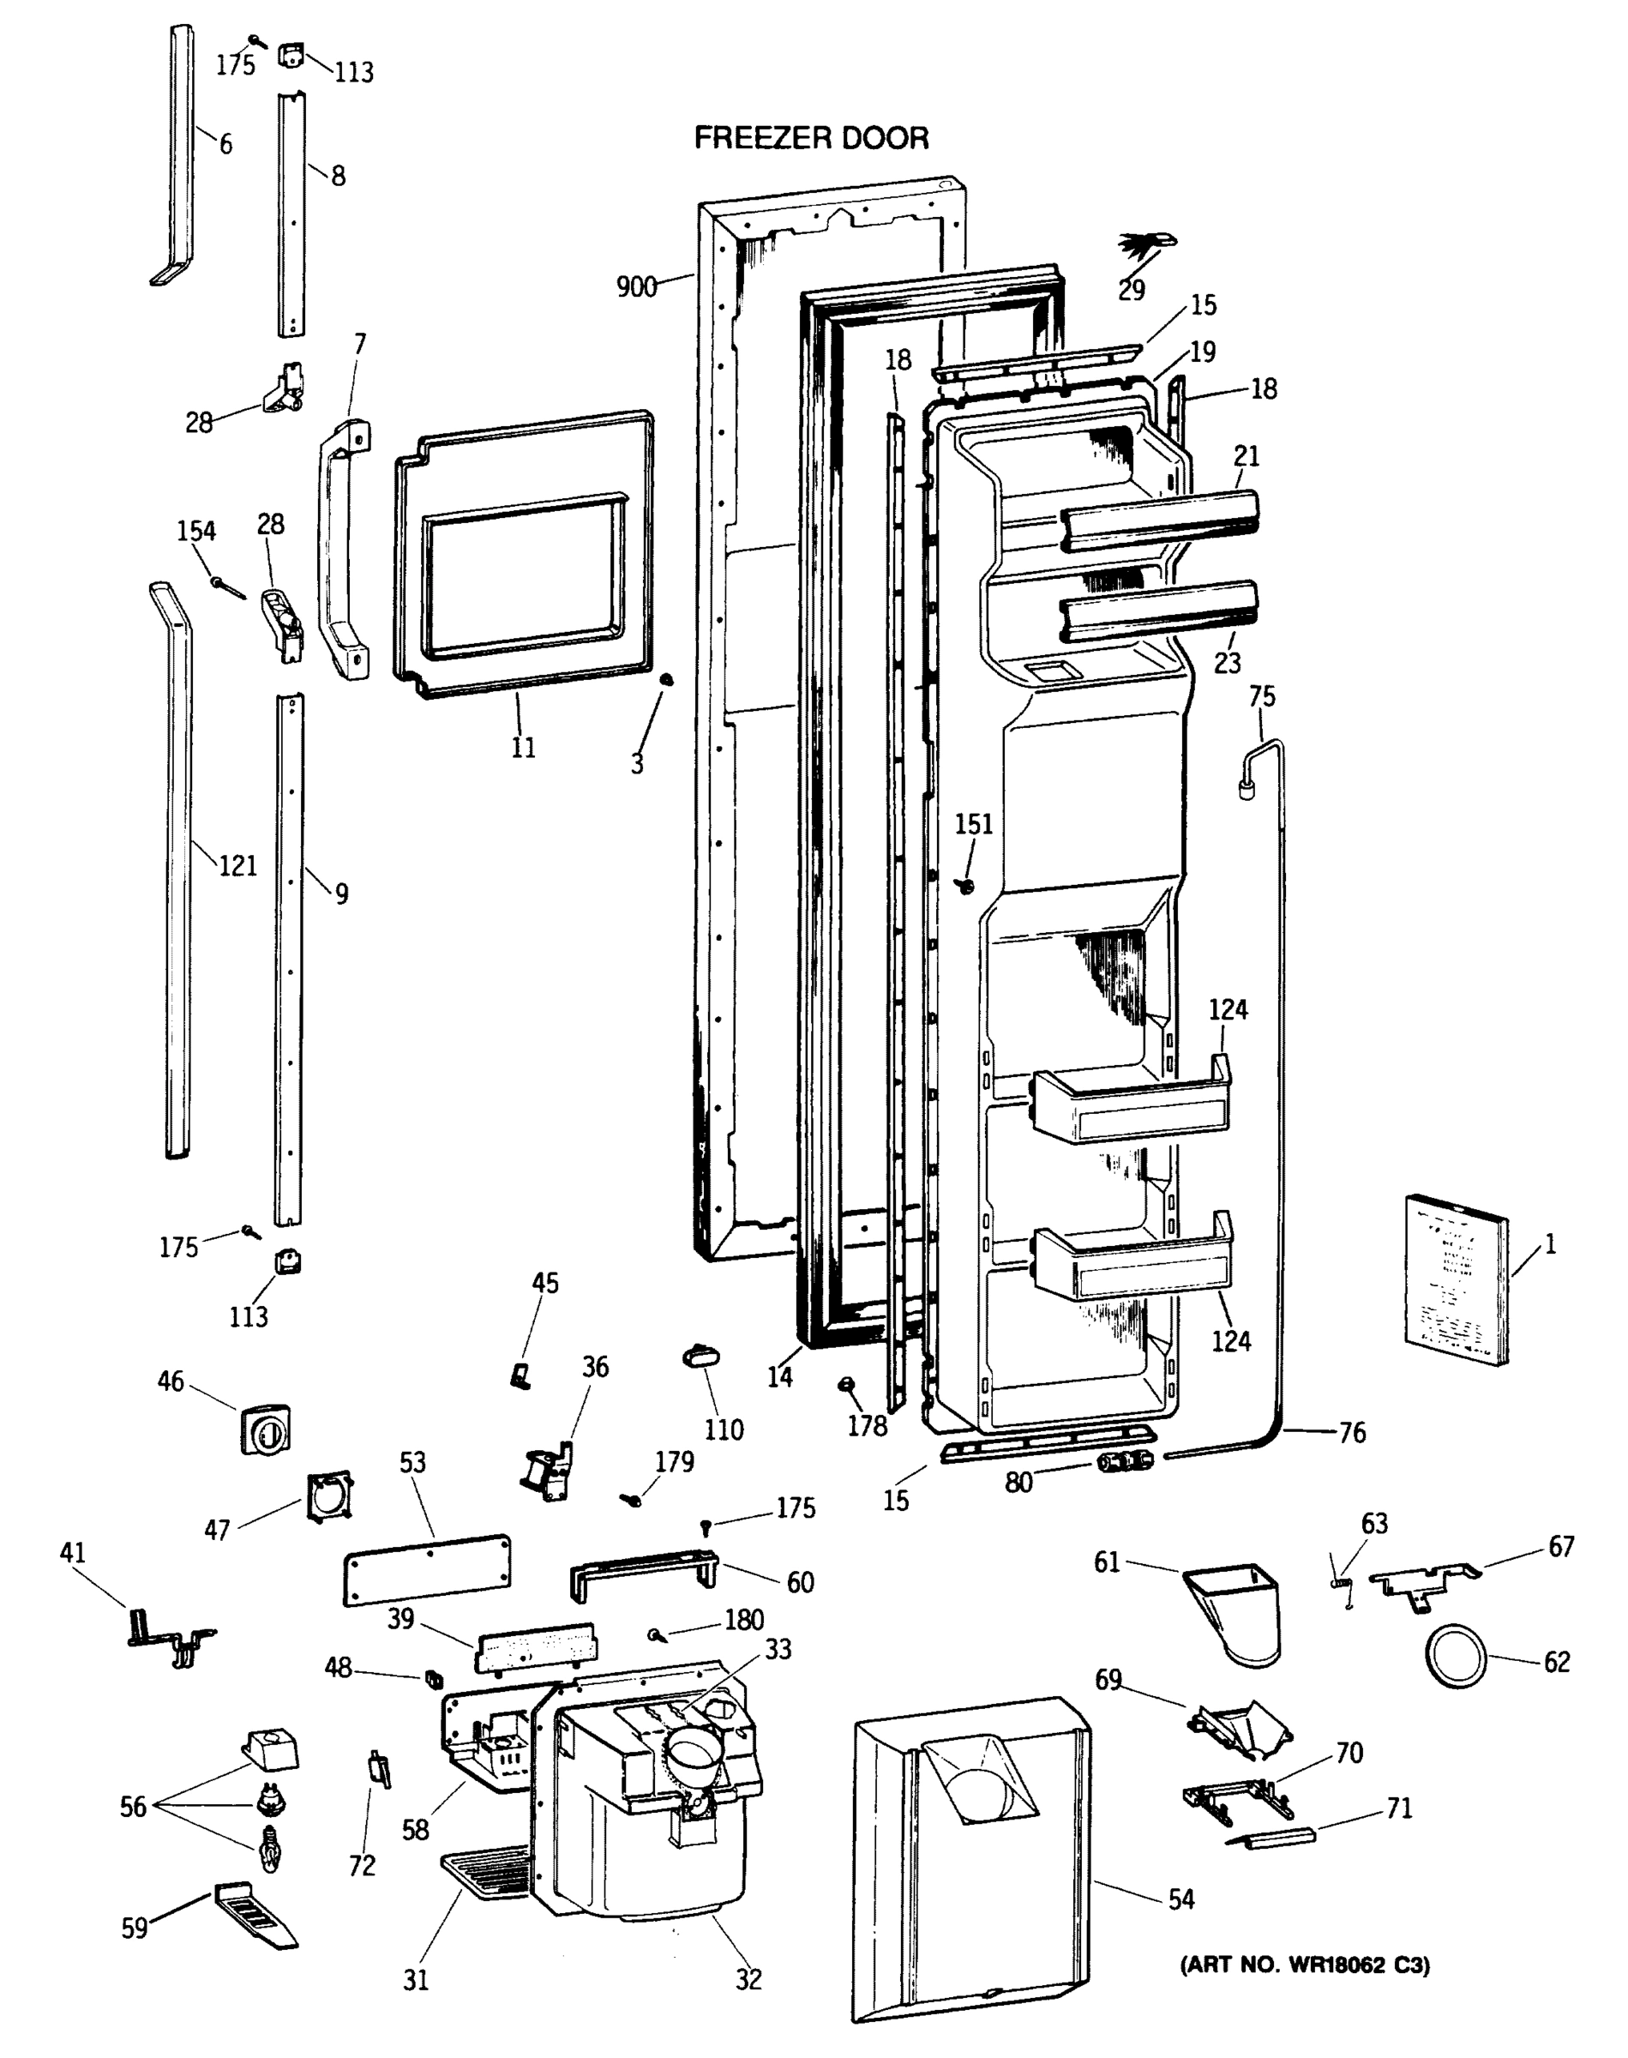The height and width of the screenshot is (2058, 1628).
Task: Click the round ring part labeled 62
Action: (1455, 1658)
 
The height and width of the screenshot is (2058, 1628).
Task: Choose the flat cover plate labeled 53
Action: (426, 1571)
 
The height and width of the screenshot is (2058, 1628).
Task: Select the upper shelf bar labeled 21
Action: (1159, 520)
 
